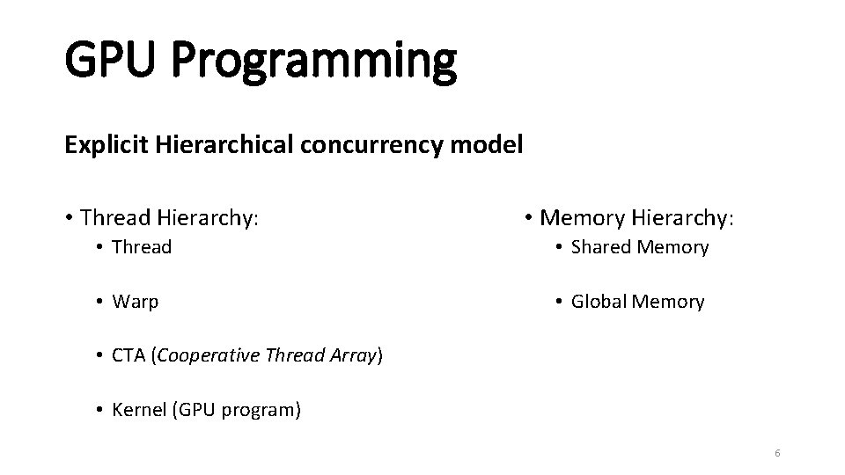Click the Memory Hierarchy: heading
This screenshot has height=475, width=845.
click(635, 216)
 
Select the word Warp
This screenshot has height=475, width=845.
click(136, 302)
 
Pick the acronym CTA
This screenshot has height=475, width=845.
click(129, 356)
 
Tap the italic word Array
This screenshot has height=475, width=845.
click(354, 356)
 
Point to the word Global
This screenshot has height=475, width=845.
click(599, 302)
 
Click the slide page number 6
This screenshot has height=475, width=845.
click(777, 453)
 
